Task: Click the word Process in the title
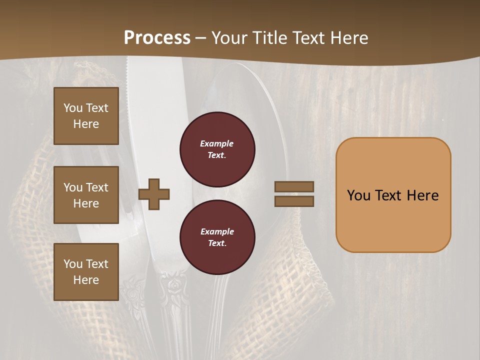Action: tap(157, 38)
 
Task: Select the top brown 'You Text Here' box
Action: tap(86, 116)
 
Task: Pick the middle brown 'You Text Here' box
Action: tap(86, 195)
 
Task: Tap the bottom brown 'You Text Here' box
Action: tap(86, 272)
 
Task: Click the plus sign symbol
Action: tap(154, 194)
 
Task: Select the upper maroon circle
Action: tap(217, 149)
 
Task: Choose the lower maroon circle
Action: tap(217, 237)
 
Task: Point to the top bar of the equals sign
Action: tap(294, 187)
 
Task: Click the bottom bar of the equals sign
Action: tap(294, 201)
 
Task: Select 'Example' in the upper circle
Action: tap(216, 143)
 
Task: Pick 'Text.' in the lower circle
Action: tap(217, 243)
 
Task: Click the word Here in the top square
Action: tap(86, 124)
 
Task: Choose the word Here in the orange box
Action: tap(422, 195)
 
